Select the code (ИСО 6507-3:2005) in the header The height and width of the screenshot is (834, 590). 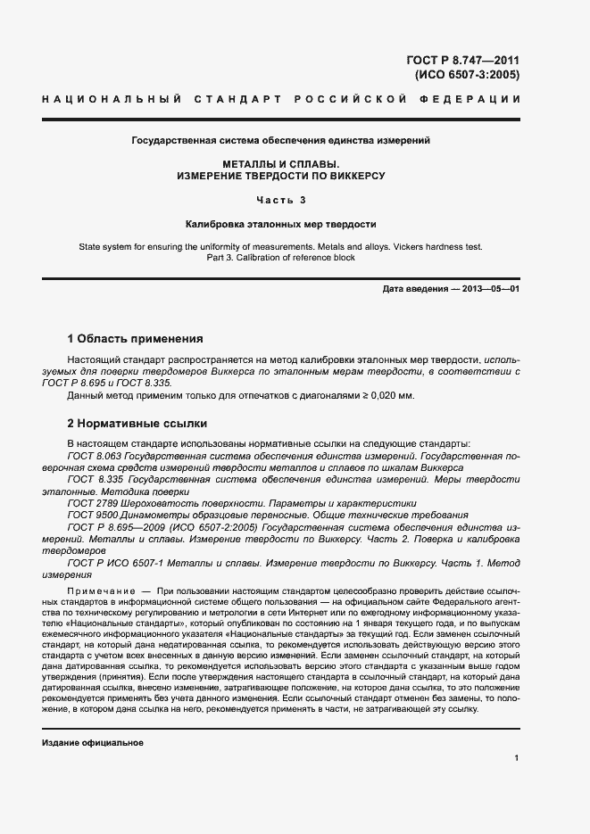466,75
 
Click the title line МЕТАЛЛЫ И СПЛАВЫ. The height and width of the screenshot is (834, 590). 281,164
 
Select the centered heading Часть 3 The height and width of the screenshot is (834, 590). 281,200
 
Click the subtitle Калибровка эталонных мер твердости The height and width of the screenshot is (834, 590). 281,225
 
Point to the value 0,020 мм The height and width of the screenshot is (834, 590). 390,396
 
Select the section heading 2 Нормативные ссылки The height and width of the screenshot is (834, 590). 137,424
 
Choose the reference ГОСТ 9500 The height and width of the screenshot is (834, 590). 91,516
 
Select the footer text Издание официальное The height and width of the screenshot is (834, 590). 93,742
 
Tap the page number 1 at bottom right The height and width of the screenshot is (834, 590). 516,757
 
